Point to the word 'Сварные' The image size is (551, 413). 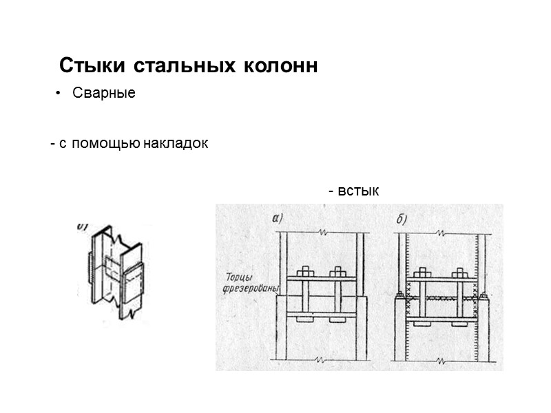(104, 94)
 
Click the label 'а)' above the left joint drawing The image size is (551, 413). (278, 218)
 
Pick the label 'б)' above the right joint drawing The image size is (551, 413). (402, 219)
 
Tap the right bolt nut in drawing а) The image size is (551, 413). (337, 271)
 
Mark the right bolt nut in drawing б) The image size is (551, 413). (458, 271)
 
